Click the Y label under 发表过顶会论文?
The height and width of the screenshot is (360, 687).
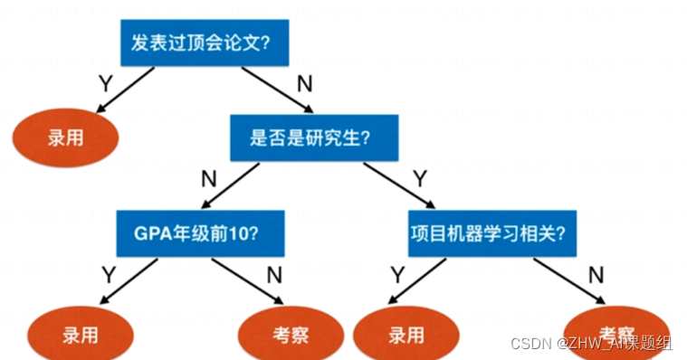[x=106, y=83]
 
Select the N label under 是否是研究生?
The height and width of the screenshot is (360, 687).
[x=209, y=177]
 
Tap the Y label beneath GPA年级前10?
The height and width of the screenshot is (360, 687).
[x=107, y=272]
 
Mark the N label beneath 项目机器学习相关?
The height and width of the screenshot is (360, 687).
[x=596, y=274]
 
